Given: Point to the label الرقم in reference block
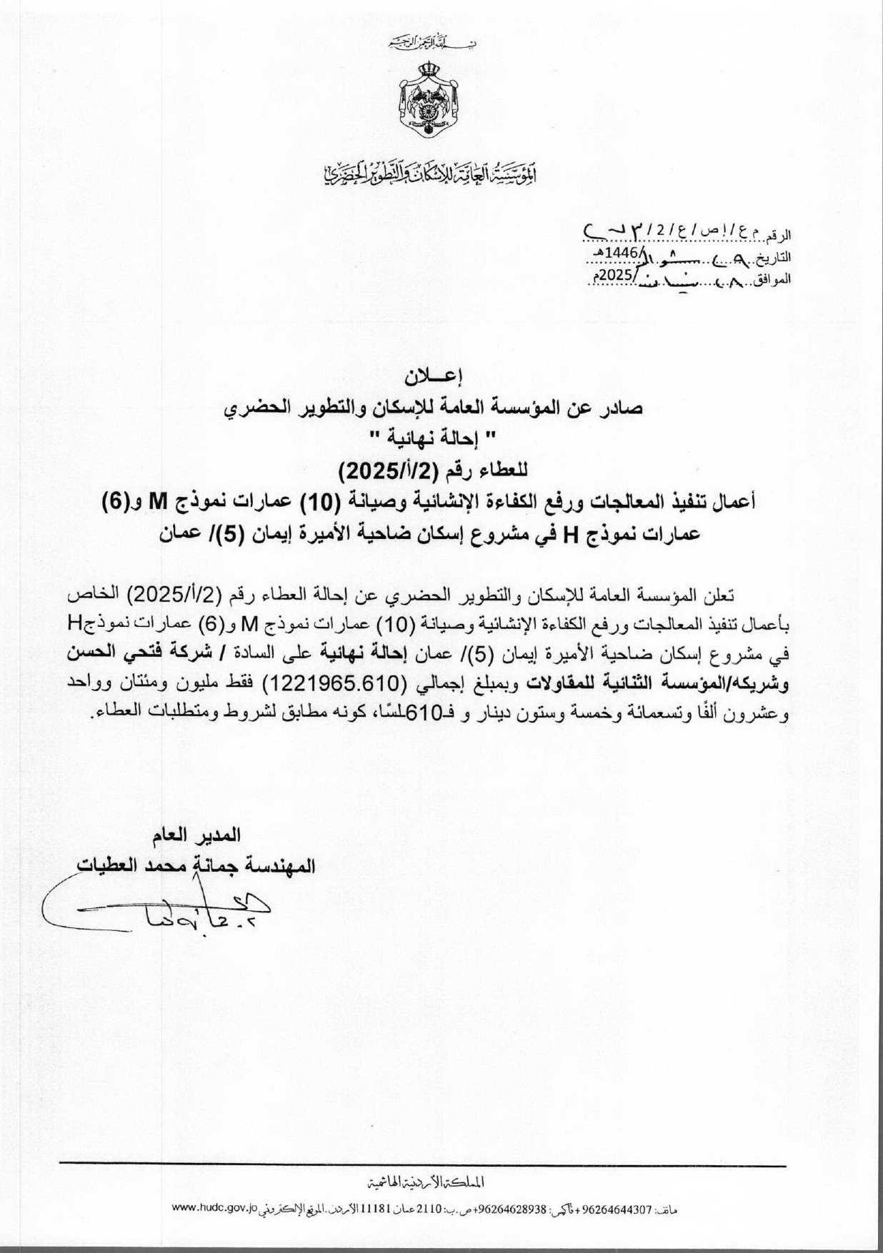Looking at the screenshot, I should pyautogui.click(x=782, y=235).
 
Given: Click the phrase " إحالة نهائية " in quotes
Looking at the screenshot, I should pyautogui.click(x=441, y=435).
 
